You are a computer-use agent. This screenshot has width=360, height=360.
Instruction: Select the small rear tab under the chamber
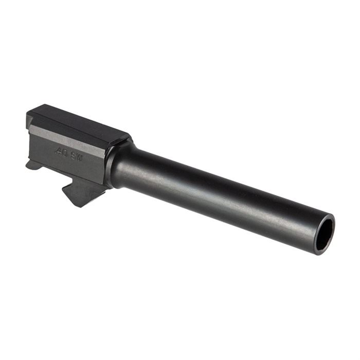point(32,165)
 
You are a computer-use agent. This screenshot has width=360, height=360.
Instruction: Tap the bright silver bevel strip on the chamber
point(67,138)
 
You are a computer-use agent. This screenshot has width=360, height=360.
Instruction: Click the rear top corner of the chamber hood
point(31,110)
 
